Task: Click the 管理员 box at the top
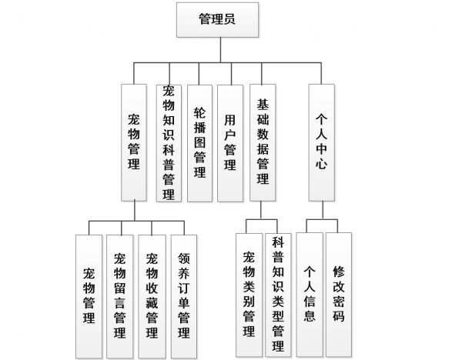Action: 217,20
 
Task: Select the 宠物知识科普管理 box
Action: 169,143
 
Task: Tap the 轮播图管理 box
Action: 199,143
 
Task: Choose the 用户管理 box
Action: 230,143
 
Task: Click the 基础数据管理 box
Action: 263,142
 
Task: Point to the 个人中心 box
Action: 321,142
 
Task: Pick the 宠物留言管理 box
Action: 119,296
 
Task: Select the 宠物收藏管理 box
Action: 152,296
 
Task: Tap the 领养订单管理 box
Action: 184,296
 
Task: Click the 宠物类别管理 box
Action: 249,295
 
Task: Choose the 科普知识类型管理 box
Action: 278,295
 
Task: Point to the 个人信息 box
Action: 310,295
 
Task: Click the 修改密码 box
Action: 339,295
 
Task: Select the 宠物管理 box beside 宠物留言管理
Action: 89,296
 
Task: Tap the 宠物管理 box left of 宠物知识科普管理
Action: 134,142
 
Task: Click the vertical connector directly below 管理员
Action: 220,50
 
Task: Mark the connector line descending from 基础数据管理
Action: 261,210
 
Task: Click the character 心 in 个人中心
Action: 321,162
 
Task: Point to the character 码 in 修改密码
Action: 339,316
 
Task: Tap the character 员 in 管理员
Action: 229,19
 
